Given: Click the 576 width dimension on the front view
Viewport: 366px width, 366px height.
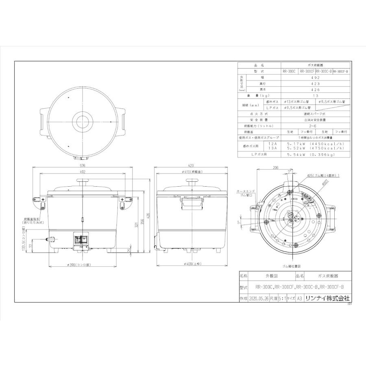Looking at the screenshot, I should [82, 166].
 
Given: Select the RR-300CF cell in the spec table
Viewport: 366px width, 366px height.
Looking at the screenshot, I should [307, 71].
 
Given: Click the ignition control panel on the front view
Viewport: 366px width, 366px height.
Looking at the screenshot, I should [80, 240].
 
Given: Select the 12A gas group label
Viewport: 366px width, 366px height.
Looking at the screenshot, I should [271, 144].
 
